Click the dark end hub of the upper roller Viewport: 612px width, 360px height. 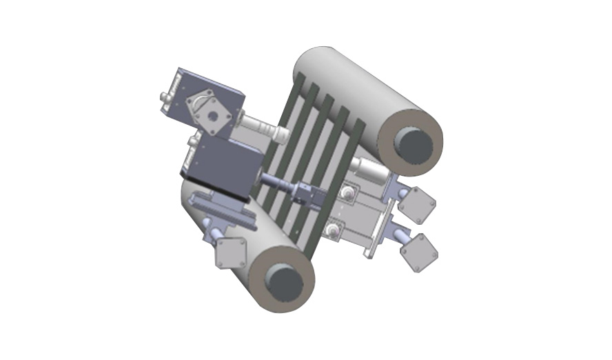pos(416,142)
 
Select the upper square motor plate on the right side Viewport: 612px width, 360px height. pos(418,205)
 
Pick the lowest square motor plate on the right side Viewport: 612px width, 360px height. pos(419,252)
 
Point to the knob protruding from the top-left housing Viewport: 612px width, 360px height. pos(166,99)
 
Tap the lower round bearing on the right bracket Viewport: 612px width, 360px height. pos(334,231)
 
